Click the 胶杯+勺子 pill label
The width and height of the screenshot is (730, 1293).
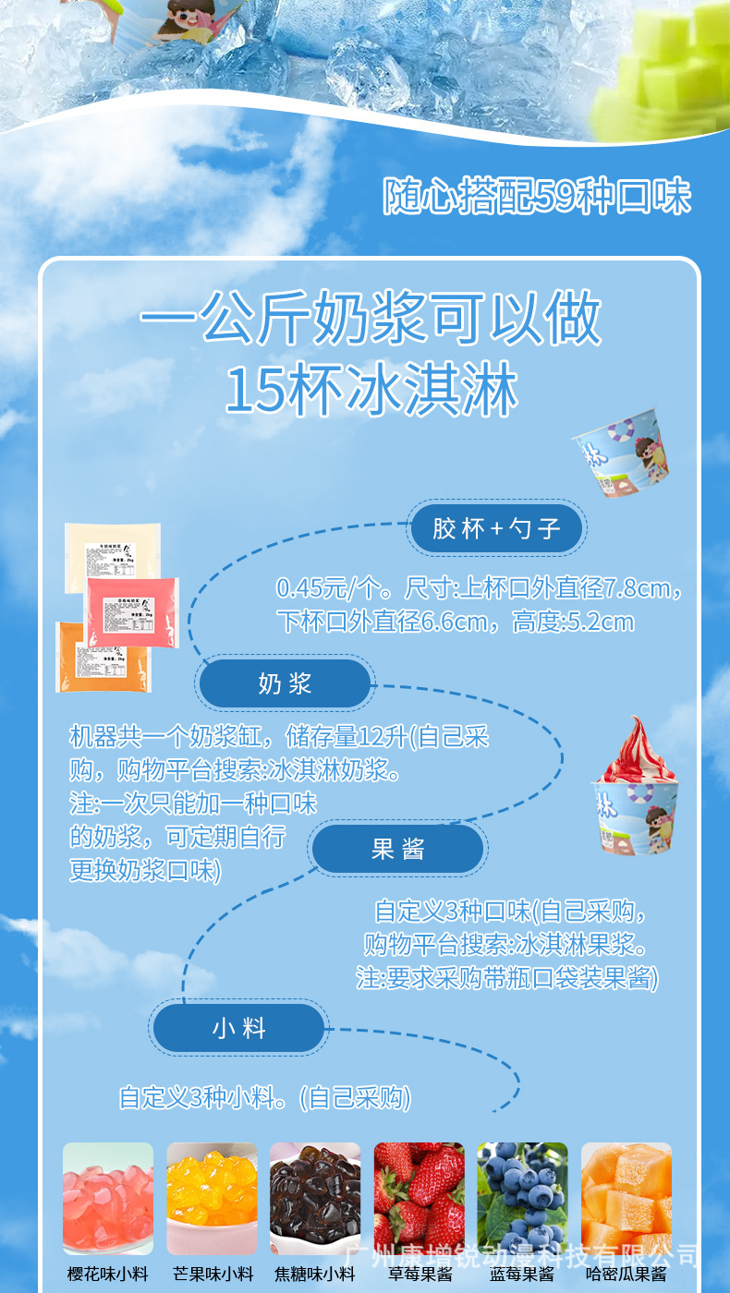(496, 528)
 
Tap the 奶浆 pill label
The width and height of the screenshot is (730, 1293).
(285, 684)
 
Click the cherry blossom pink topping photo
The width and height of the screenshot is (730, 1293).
(108, 1198)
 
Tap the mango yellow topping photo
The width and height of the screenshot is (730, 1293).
(212, 1198)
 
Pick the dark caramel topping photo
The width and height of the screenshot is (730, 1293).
(315, 1198)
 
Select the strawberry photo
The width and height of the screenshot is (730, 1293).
(419, 1198)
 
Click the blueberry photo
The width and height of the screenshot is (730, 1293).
(522, 1198)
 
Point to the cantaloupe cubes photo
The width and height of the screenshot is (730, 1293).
(626, 1198)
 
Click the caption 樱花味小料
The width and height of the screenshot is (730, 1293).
(108, 1275)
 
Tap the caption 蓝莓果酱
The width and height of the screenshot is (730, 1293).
(522, 1275)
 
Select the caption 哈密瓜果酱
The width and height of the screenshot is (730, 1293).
(626, 1275)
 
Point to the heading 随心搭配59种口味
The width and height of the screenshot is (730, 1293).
(537, 196)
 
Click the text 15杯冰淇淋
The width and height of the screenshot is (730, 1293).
(371, 391)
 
